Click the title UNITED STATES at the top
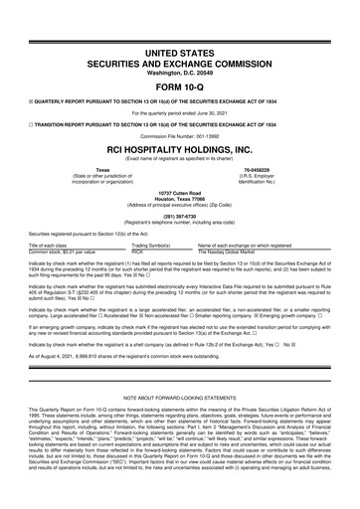tap(179, 20)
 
